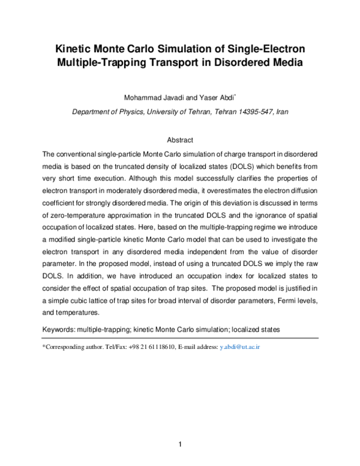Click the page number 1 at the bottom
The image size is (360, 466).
click(x=180, y=445)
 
